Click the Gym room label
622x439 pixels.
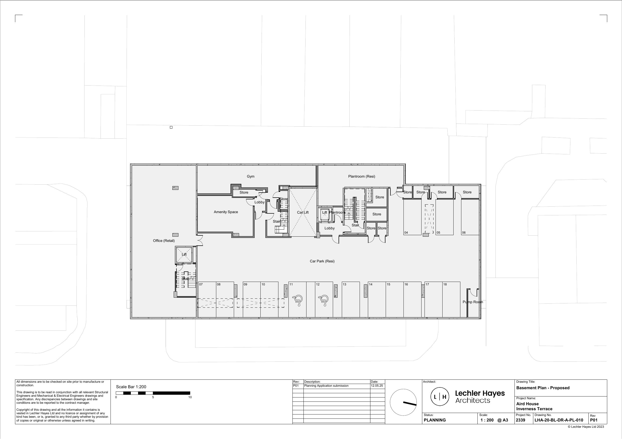coord(250,176)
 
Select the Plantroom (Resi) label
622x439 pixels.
coord(361,176)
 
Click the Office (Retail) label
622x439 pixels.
coord(164,241)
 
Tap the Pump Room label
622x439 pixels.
coord(473,302)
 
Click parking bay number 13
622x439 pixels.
coord(344,284)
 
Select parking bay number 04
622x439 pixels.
coord(406,233)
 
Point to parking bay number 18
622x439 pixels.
coord(445,284)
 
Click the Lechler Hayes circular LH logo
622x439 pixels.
coord(440,397)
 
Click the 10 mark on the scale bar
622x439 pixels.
coord(190,397)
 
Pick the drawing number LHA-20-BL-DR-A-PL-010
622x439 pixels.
coord(559,420)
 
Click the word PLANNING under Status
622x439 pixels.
coord(435,420)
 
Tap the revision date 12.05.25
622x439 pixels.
coord(377,386)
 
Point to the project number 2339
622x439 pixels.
coord(521,420)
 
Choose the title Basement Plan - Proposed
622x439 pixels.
coord(543,388)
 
